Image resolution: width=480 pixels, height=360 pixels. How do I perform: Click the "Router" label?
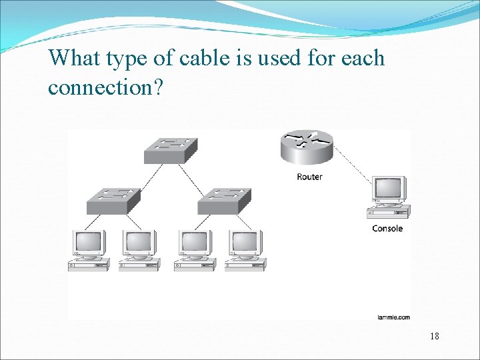click(x=309, y=177)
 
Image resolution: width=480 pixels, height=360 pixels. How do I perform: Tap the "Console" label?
click(x=387, y=229)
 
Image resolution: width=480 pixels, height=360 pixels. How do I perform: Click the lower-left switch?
click(x=114, y=199)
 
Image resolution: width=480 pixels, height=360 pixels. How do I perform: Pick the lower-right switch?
click(x=225, y=199)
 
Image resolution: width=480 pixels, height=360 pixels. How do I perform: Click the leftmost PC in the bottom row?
click(x=88, y=249)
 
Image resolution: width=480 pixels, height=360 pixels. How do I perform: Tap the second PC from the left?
click(x=139, y=249)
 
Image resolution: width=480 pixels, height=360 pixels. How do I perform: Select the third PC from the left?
click(x=194, y=249)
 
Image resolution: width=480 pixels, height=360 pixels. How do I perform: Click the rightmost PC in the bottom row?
click(x=245, y=249)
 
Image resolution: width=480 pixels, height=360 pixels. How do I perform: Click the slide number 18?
click(x=435, y=336)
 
